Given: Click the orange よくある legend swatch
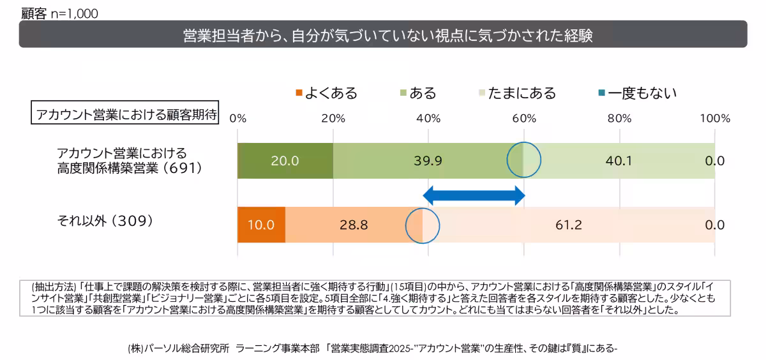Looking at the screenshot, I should tap(299, 94).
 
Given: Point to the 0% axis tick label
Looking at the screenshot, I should tap(237, 118).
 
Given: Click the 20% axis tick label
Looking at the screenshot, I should tap(333, 118).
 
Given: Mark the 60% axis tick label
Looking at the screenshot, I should tap(523, 118).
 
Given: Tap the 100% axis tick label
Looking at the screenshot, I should tap(715, 118).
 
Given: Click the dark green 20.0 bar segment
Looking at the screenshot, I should tap(285, 161).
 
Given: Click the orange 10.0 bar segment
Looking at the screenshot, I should tap(261, 225).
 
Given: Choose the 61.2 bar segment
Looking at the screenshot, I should tap(568, 225).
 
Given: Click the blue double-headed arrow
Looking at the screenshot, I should tap(474, 195).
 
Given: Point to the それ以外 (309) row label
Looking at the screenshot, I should tap(105, 221).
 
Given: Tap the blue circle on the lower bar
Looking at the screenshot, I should tap(423, 225).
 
